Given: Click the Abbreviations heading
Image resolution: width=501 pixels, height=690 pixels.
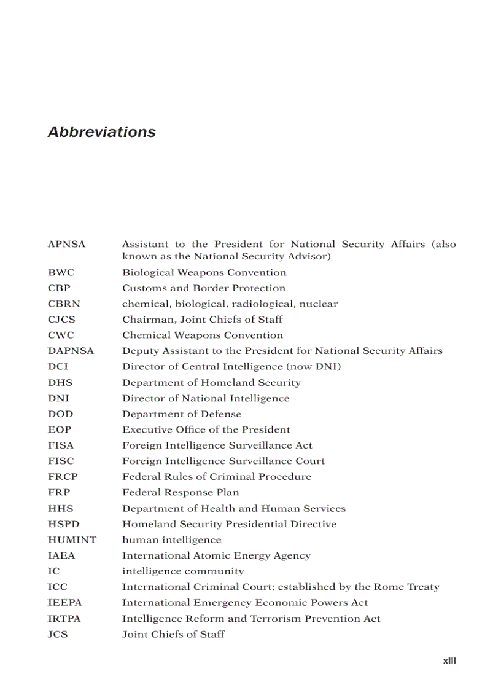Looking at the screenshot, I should [x=101, y=132].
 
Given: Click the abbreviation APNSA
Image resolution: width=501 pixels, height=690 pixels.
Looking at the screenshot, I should [x=66, y=244].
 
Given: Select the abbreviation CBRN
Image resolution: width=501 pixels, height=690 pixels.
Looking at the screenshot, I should [x=64, y=304].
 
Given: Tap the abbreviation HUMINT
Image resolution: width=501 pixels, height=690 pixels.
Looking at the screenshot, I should [x=72, y=539].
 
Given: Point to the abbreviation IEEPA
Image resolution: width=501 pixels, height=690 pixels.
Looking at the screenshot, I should [x=64, y=603].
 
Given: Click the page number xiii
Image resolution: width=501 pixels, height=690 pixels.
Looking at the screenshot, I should [x=449, y=661].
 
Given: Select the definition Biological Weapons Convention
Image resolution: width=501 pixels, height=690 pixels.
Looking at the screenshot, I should [x=204, y=272].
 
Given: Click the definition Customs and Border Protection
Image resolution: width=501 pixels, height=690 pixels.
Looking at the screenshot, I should [x=204, y=288].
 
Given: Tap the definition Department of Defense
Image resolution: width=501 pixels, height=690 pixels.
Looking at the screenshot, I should [x=182, y=414].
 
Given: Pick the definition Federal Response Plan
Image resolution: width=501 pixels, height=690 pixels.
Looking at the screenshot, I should [x=181, y=492].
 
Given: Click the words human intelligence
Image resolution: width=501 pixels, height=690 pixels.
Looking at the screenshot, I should [x=171, y=539].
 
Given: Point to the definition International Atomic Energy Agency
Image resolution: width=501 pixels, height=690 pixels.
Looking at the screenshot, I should [x=216, y=555].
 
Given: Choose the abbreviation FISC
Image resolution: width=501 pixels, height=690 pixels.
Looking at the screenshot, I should [x=61, y=461].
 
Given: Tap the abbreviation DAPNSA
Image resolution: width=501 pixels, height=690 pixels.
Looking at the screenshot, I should [x=71, y=351].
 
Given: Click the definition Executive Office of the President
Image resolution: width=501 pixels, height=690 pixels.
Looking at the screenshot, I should [x=206, y=429].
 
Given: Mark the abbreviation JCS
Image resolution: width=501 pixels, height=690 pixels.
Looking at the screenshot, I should [x=58, y=634].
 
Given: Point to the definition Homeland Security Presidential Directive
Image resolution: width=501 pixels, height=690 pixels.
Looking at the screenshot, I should [x=229, y=524].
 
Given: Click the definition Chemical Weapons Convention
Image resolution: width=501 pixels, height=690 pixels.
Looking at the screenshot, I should [x=203, y=335].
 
